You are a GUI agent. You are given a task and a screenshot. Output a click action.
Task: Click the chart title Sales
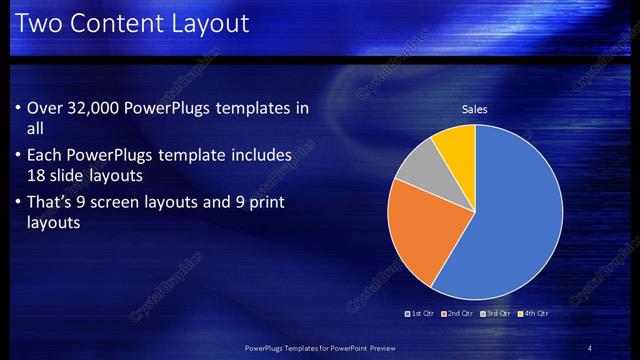pos(474,109)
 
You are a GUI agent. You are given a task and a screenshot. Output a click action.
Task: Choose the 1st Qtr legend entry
pos(421,313)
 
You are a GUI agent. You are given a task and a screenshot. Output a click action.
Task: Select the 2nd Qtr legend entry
pos(457,313)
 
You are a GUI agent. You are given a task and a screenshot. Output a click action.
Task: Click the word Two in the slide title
pos(37,22)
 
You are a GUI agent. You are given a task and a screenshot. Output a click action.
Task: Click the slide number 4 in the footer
pos(590,348)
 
